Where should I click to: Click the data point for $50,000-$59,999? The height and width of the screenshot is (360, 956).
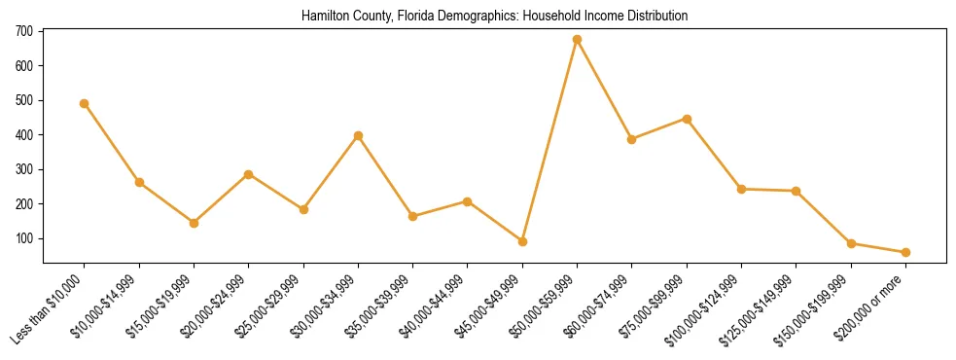577,40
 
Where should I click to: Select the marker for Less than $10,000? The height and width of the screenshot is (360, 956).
85,103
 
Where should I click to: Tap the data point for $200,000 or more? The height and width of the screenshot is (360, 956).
905,252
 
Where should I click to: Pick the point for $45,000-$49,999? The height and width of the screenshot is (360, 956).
522,241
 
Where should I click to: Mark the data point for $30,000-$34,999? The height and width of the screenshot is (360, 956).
358,135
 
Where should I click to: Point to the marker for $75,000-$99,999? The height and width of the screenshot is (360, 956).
687,119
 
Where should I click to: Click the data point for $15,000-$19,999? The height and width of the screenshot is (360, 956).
194,223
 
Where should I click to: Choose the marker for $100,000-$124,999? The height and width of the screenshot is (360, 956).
741,189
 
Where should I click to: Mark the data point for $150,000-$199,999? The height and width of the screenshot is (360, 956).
851,243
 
